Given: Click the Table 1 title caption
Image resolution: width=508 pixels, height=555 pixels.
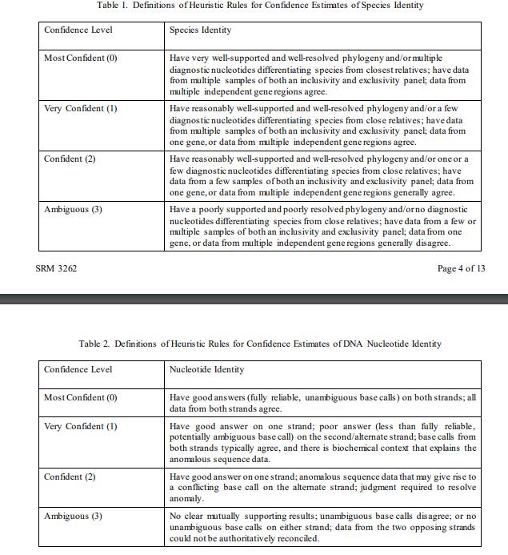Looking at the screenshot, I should pos(260,6).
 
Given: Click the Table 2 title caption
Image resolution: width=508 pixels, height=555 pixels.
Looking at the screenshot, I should pos(260,344).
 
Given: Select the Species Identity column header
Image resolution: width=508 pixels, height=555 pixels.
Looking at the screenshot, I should pos(201,30).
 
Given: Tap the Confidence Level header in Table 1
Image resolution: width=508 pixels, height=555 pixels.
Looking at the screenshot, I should pos(78,30).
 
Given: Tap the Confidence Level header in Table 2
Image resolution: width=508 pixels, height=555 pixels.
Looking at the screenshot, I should pos(78,370).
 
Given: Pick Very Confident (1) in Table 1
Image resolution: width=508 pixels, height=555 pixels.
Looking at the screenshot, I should pos(81,109).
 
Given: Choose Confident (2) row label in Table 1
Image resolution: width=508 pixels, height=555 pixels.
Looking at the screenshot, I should pos(70,159).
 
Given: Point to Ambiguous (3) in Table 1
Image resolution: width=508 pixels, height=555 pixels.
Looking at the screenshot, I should pos(73,209).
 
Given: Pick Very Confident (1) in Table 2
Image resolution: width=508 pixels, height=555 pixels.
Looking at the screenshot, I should pos(81,426).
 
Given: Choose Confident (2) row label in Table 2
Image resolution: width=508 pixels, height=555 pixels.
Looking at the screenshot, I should pos(70,477).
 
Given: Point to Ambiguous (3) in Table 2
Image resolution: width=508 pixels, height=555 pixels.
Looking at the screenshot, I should pos(73,516).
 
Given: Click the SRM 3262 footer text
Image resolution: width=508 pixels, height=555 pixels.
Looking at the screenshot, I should pos(57,268).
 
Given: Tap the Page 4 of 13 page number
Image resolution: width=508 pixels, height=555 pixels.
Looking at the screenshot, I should pos(461,268).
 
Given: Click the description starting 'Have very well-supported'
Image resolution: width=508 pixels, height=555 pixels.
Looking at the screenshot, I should pos(320,75).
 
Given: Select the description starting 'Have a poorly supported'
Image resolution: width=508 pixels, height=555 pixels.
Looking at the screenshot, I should pos(320,226).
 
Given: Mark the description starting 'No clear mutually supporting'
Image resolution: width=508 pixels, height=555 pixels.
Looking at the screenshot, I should pos(320,527).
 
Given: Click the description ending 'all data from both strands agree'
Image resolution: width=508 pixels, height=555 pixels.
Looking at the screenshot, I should pos(320,403).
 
